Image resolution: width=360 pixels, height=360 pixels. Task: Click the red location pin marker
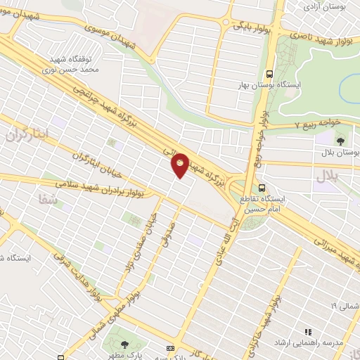point(180,165)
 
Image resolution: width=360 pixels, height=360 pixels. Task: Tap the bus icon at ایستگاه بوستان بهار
point(269,73)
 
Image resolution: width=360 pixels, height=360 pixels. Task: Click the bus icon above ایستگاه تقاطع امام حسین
point(262,188)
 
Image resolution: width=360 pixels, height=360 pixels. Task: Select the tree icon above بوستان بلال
point(340,141)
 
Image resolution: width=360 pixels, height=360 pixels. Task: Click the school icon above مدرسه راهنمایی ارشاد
point(307,331)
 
